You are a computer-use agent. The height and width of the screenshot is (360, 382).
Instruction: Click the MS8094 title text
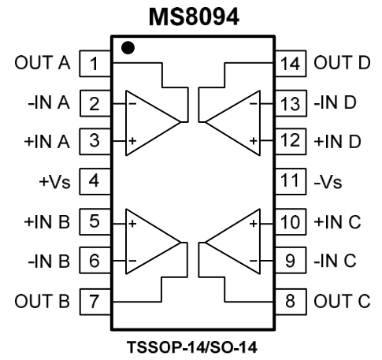(191, 17)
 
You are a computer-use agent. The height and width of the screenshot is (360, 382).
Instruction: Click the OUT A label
(44, 62)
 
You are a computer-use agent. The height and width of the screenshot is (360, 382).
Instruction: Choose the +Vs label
(54, 181)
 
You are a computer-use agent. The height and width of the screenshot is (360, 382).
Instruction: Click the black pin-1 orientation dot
(128, 50)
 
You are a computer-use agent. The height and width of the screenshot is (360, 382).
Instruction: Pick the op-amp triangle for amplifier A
(153, 121)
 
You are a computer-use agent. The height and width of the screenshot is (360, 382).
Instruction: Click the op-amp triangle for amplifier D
(231, 121)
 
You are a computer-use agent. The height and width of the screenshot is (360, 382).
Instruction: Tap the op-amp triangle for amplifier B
(153, 241)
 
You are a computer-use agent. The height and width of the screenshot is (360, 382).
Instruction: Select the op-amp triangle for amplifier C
(231, 241)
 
